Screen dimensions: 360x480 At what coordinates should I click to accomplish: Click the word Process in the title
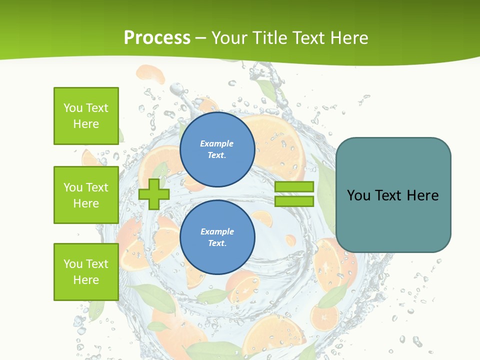tap(157, 37)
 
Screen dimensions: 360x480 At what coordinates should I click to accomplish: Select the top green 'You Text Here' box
tap(86, 116)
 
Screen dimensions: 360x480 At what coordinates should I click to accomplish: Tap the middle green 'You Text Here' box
tap(86, 195)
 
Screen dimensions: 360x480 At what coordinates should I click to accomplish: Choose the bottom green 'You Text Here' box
tap(86, 272)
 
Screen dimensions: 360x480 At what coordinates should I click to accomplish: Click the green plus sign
tap(154, 194)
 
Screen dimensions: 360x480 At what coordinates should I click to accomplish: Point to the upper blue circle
tap(217, 149)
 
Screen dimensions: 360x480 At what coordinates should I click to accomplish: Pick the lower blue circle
tap(217, 237)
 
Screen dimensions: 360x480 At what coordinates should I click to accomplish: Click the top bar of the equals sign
tap(294, 187)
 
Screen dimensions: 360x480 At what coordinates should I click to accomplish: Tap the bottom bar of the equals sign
tap(294, 201)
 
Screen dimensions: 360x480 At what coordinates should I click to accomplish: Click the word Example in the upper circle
tap(217, 143)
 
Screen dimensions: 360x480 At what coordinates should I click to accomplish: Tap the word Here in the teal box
tap(422, 195)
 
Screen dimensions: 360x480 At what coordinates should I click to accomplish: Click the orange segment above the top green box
tap(150, 74)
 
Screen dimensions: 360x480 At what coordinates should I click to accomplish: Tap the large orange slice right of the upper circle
tap(277, 142)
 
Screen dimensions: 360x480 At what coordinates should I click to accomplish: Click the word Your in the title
tap(229, 37)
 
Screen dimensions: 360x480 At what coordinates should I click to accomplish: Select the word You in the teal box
tap(359, 195)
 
